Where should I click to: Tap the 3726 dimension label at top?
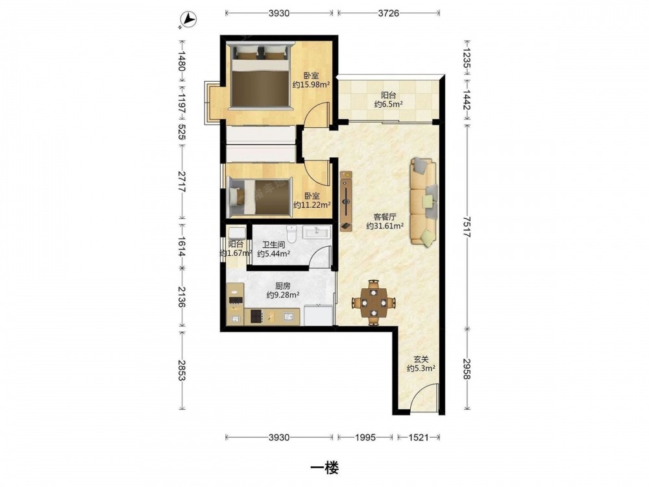pos(389,13)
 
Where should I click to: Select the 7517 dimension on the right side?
pos(467,226)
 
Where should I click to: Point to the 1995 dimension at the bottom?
pos(365,437)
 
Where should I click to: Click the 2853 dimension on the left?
pos(182,370)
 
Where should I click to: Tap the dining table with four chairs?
pos(374,303)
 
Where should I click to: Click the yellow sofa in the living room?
pos(423,202)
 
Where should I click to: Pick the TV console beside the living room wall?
pos(346,201)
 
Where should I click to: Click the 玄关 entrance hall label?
pos(421,360)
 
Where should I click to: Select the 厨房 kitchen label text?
pos(283,286)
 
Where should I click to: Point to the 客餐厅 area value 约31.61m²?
pos(385,226)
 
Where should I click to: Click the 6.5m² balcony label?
pos(388,105)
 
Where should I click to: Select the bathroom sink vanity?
pos(317,232)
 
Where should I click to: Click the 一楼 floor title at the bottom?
pos(324,468)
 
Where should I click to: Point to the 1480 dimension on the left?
pos(182,60)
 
